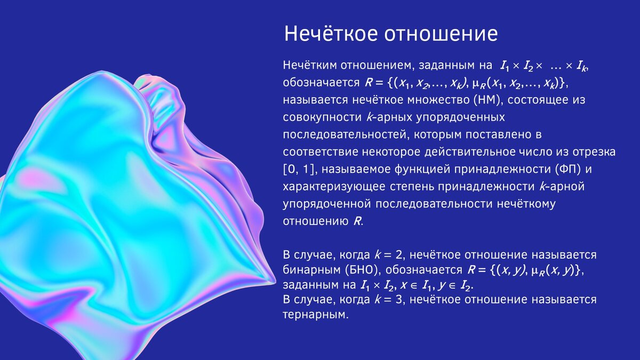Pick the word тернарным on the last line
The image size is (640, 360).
coord(314,315)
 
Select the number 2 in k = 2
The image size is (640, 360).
coord(401,254)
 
